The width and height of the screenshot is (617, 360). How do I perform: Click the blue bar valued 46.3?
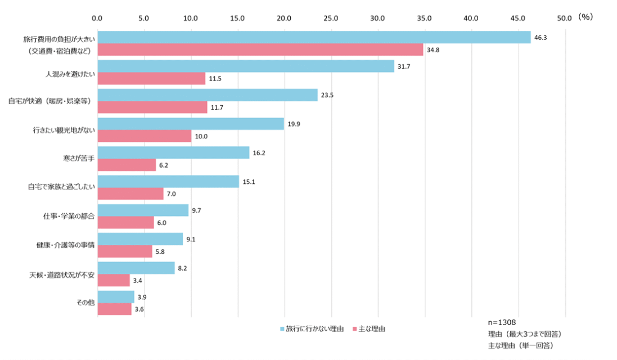[x=314, y=37]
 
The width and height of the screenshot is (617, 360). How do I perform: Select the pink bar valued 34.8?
[x=260, y=50]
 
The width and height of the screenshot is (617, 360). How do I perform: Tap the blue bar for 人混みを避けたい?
[x=246, y=66]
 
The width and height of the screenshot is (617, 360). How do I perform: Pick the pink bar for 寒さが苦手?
[x=127, y=165]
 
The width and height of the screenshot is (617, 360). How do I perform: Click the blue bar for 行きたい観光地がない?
[x=191, y=124]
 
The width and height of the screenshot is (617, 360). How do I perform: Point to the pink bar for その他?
[x=114, y=309]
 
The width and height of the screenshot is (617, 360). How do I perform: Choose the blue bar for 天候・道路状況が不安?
[x=136, y=268]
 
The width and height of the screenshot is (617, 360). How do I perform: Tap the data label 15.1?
[x=248, y=182]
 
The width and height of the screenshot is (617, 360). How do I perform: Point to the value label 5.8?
[x=161, y=251]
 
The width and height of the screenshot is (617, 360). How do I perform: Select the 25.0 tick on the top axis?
[x=331, y=18]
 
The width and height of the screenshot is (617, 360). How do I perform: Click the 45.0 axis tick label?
[x=517, y=18]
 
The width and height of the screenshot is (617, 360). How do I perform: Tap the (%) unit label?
[x=585, y=17]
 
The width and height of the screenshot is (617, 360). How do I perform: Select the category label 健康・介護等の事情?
[x=65, y=245]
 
